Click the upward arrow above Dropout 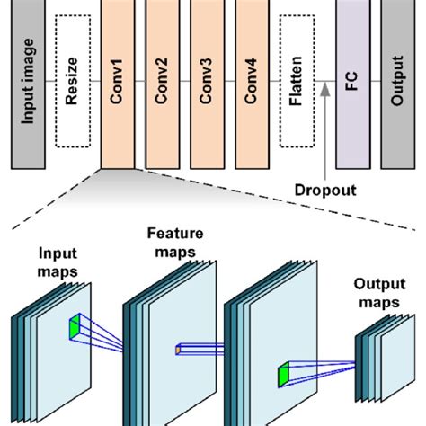pyautogui.click(x=324, y=135)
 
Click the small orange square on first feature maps pyautogui.click(x=180, y=349)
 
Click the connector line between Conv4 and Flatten pyautogui.click(x=274, y=84)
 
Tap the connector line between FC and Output pyautogui.click(x=375, y=84)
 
